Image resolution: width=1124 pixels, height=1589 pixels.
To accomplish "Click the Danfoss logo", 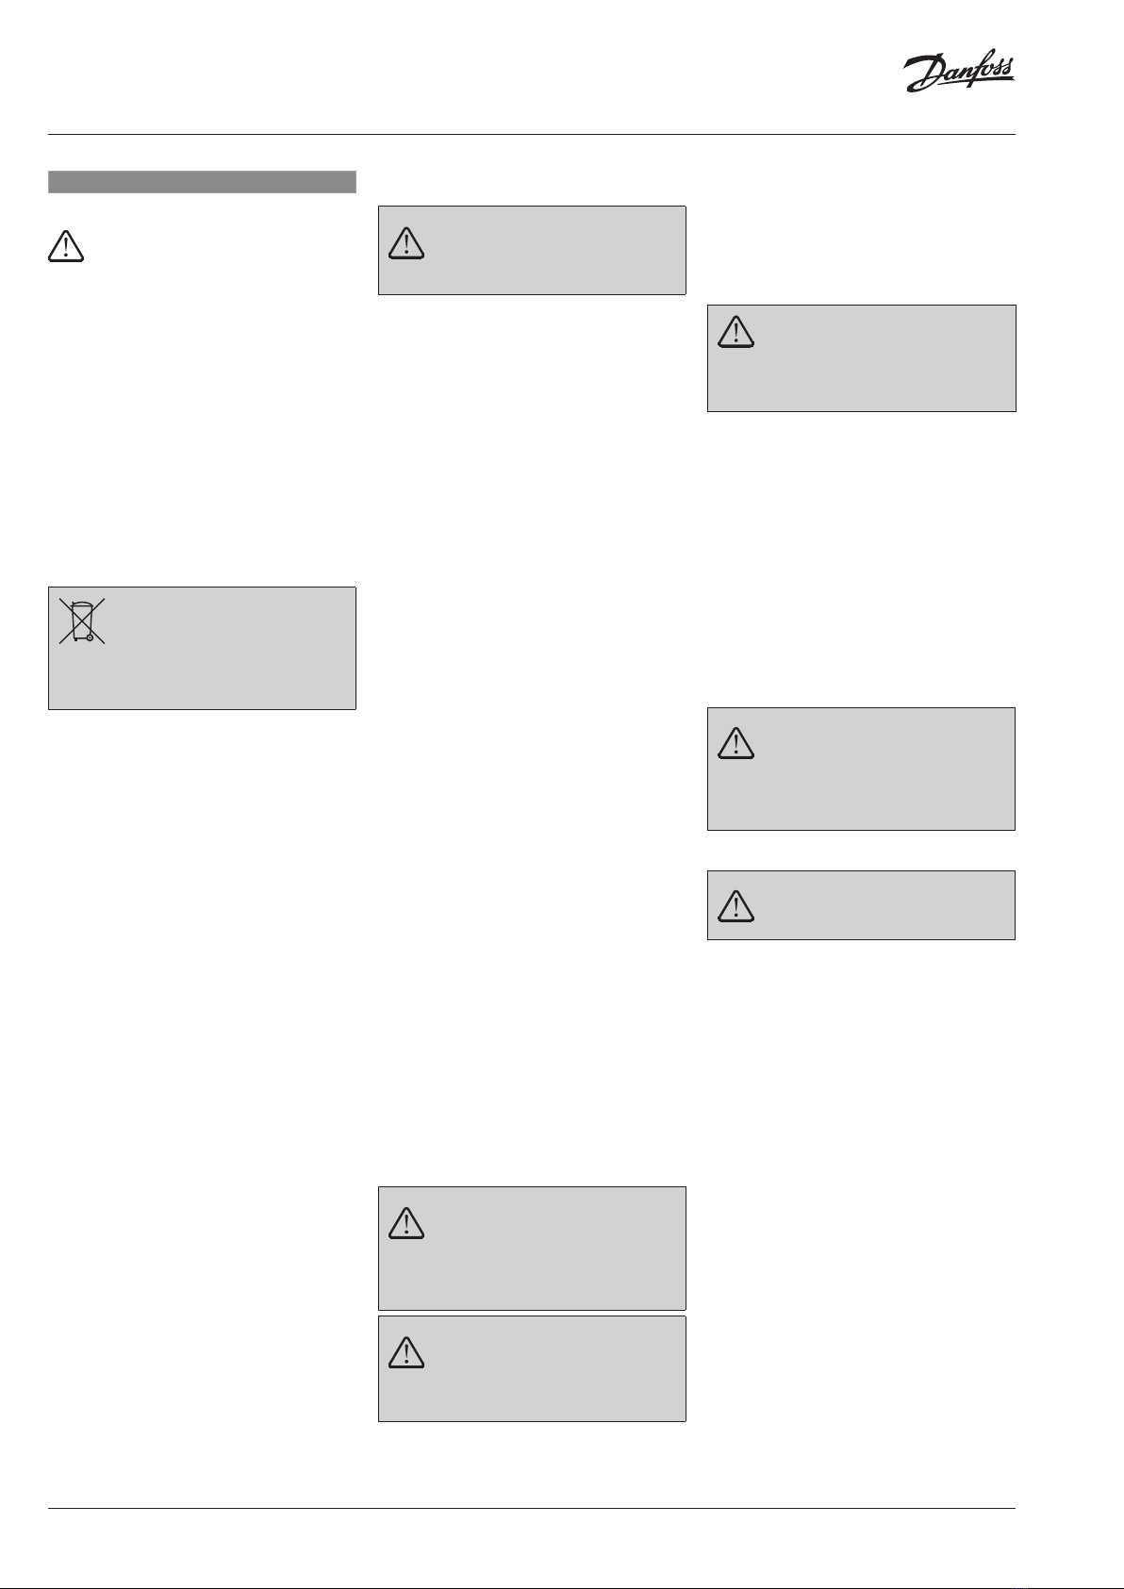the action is tap(959, 74).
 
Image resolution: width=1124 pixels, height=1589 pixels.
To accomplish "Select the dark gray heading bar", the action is tap(202, 182).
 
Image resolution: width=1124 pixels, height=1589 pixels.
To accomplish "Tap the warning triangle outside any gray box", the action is tap(65, 246).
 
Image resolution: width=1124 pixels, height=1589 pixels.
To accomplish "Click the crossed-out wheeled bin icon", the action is tap(82, 621).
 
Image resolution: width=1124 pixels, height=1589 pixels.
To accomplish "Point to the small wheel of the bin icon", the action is tap(90, 637).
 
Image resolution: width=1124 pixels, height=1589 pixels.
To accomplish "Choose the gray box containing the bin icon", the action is tap(202, 648).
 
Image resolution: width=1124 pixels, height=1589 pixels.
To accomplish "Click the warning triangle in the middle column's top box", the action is tap(406, 243).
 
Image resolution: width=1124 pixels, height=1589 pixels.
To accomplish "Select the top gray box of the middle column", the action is tap(532, 250).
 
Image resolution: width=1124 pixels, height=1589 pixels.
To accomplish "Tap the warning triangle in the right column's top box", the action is tap(736, 331).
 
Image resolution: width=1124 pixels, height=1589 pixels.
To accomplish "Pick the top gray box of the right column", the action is tap(861, 357).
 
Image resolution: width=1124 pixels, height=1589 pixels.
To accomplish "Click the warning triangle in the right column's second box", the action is tap(736, 744).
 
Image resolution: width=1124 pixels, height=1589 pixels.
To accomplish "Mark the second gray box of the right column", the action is tap(861, 769).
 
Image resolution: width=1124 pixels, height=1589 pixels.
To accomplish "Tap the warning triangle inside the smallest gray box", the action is tap(736, 906).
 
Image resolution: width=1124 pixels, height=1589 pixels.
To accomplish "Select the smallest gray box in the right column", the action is tap(861, 905).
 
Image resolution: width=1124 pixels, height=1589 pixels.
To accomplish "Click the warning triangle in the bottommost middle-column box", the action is tap(406, 1353).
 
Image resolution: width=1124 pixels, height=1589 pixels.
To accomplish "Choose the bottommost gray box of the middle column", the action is tap(532, 1368).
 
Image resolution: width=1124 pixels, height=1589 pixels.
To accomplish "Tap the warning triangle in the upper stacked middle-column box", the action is tap(406, 1223).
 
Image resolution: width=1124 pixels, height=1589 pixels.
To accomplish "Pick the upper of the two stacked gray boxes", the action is tap(532, 1248).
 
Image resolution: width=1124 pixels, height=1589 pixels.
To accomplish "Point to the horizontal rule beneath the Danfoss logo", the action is tap(532, 134).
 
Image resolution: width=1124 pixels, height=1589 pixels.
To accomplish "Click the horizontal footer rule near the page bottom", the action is tap(532, 1509).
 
